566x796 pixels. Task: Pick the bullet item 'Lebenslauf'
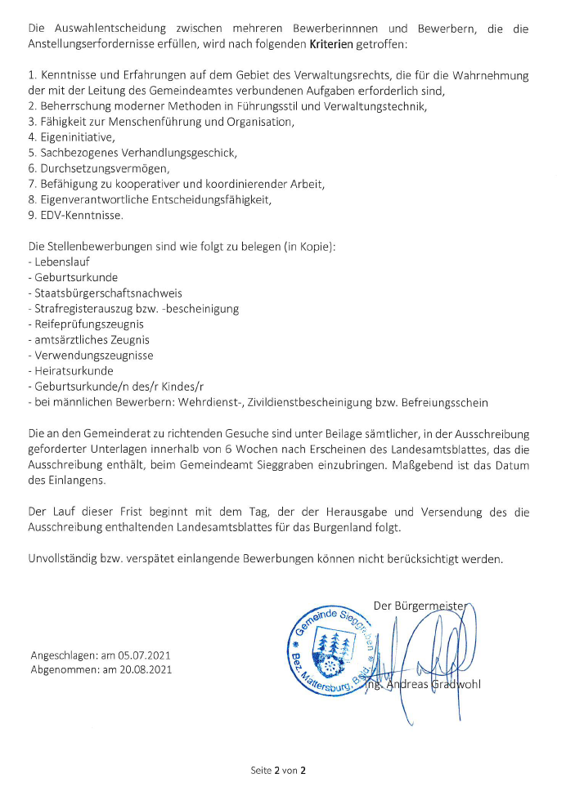[x=61, y=262]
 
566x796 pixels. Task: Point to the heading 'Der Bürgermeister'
[x=419, y=606]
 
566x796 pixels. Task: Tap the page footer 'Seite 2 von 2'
[x=278, y=770]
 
